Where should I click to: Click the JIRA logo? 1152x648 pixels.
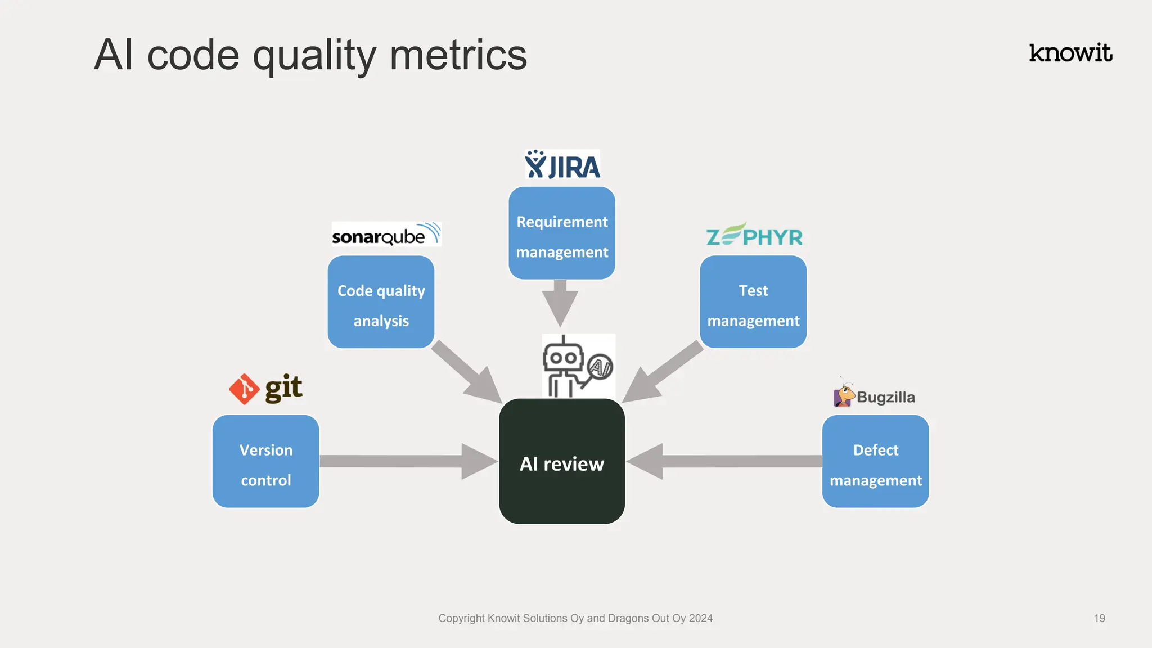(562, 165)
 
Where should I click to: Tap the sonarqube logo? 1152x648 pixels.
(386, 235)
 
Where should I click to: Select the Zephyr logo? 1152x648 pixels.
(754, 235)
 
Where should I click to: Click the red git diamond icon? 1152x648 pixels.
(244, 389)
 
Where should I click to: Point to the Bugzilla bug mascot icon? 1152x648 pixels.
(843, 394)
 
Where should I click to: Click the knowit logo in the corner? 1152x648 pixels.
(1070, 53)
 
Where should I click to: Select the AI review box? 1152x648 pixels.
(562, 462)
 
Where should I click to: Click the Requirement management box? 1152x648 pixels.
(562, 233)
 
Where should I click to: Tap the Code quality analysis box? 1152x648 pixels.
(381, 303)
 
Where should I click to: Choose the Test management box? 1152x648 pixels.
(753, 303)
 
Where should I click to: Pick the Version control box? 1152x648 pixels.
(266, 462)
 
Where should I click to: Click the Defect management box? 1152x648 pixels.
(875, 462)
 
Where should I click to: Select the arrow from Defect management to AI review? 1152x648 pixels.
(726, 462)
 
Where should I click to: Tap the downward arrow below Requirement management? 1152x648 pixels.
(560, 304)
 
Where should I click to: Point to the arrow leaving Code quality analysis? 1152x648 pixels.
(467, 372)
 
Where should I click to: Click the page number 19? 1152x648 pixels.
(1099, 618)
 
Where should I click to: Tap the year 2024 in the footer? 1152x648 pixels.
(700, 618)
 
